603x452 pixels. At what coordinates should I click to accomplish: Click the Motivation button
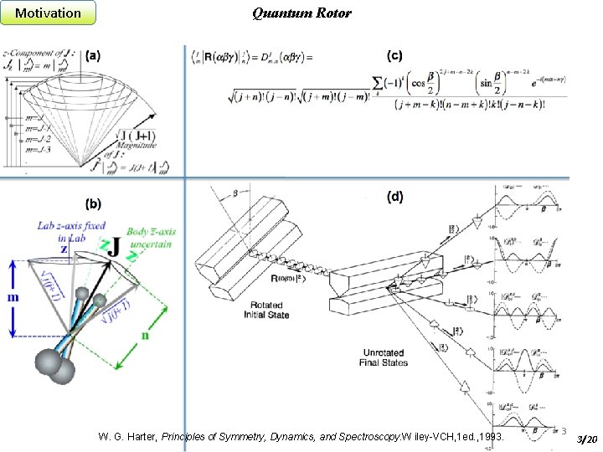(49, 13)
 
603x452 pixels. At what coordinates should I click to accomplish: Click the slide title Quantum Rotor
(301, 13)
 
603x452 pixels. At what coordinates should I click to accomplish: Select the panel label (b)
(93, 203)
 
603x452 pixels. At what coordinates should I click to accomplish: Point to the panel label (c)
(394, 56)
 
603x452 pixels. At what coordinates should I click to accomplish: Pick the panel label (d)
(394, 198)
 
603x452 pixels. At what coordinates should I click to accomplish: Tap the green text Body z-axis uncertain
(150, 237)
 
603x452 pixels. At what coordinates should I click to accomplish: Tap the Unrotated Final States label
(384, 357)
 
